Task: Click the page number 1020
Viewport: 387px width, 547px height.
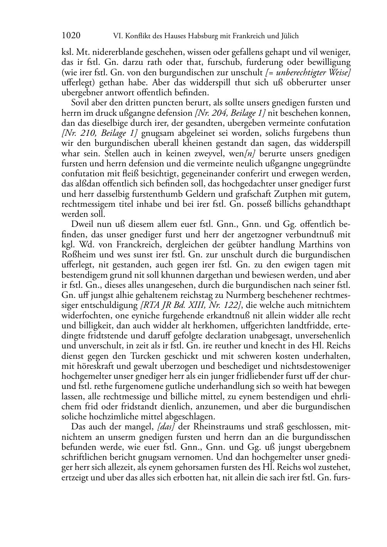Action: point(71,36)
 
